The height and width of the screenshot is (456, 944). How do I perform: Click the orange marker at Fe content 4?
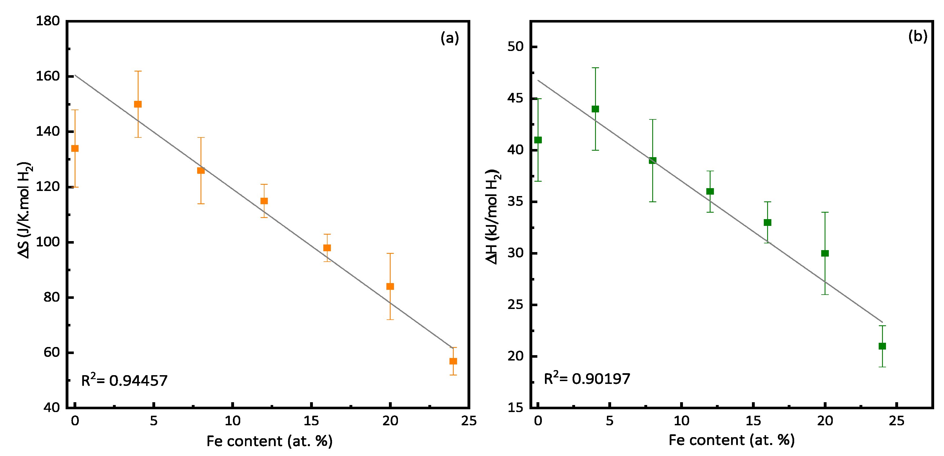138,104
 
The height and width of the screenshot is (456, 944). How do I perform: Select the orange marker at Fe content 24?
453,361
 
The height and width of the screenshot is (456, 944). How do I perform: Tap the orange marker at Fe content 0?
75,148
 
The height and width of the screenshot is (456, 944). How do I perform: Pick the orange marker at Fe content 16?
327,248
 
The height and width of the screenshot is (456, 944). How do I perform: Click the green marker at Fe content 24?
882,346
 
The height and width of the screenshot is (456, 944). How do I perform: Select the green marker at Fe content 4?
595,109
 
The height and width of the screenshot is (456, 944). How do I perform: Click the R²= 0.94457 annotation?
124,381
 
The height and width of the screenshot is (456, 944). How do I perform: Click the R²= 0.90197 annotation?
587,379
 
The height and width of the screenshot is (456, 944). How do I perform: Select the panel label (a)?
450,38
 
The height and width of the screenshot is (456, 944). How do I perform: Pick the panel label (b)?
918,36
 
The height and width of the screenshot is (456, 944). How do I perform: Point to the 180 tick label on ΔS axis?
48,21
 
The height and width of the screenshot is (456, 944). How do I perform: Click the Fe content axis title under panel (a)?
269,441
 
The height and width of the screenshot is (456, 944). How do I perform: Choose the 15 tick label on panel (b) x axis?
753,421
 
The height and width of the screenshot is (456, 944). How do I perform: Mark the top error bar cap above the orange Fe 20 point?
390,253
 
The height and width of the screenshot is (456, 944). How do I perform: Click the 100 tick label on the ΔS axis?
48,242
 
